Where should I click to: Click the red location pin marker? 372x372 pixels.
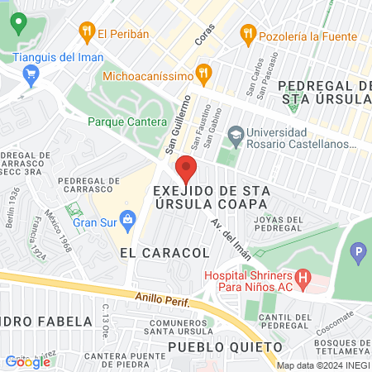(x=186, y=169)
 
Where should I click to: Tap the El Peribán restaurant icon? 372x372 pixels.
(x=86, y=33)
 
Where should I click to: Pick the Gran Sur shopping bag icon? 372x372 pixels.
(x=127, y=220)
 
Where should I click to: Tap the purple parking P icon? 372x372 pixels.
(x=358, y=251)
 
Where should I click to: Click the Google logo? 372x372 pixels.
(x=28, y=361)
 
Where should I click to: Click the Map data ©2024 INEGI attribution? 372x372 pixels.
(x=322, y=365)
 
